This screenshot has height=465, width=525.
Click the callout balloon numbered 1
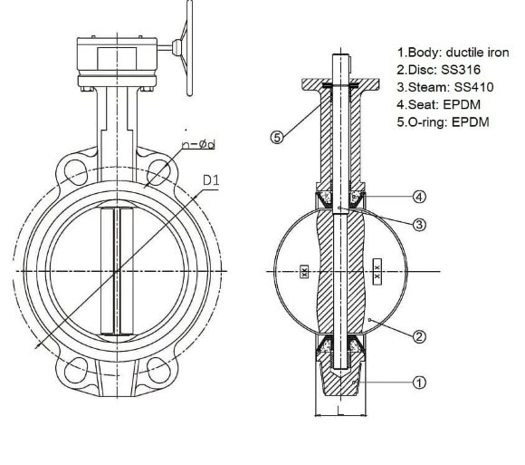click(x=419, y=383)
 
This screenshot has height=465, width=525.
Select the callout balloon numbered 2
click(x=419, y=337)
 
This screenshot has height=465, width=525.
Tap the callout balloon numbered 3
click(x=419, y=224)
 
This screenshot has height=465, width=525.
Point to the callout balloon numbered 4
click(x=419, y=196)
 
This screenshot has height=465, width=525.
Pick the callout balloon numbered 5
click(x=279, y=138)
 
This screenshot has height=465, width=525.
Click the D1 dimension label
click(x=211, y=181)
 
